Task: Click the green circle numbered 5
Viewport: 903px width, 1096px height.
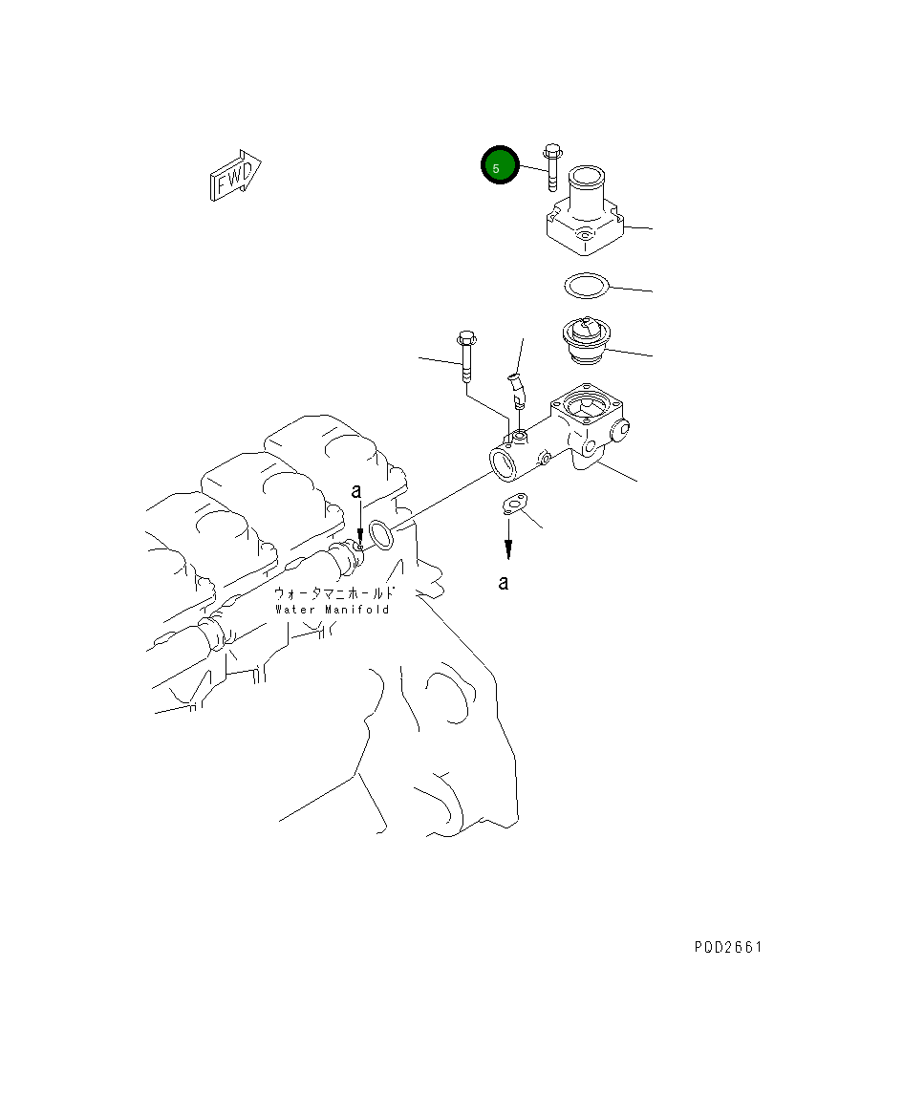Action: pyautogui.click(x=499, y=166)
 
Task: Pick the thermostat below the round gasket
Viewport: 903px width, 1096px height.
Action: pyautogui.click(x=585, y=341)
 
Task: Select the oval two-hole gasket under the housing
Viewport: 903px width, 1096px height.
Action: pyautogui.click(x=515, y=504)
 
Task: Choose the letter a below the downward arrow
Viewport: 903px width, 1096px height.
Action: pyautogui.click(x=504, y=582)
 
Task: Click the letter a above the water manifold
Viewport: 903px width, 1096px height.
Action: pyautogui.click(x=356, y=492)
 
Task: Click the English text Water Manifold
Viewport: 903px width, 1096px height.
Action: pyautogui.click(x=333, y=610)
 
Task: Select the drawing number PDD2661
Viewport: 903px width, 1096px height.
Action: pyautogui.click(x=728, y=948)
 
